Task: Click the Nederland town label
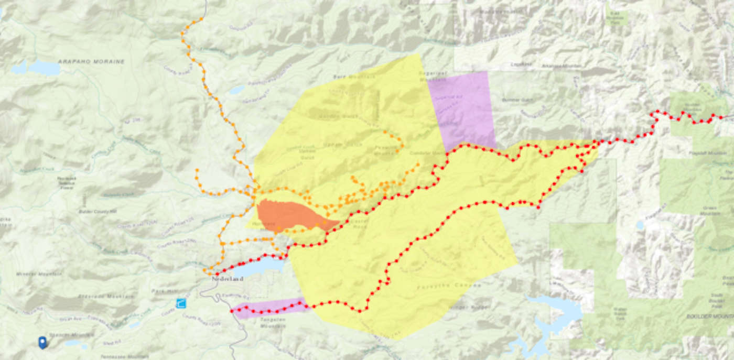tap(227, 279)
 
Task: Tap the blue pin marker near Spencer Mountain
tap(42, 342)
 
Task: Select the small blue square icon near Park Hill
tap(180, 303)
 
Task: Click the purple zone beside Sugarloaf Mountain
tap(461, 107)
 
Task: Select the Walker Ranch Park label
tap(620, 312)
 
